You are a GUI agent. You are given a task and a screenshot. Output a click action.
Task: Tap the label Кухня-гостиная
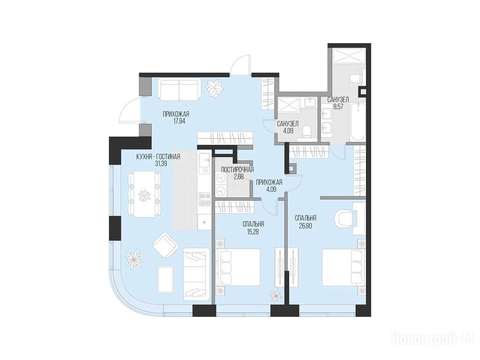[158, 157]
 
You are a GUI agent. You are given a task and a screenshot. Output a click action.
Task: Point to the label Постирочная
[237, 170]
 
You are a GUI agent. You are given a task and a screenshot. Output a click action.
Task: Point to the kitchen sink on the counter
[204, 161]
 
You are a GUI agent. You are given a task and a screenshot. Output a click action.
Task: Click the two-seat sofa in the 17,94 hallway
[180, 89]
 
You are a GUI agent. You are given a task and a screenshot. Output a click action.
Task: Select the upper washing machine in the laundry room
[221, 179]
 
